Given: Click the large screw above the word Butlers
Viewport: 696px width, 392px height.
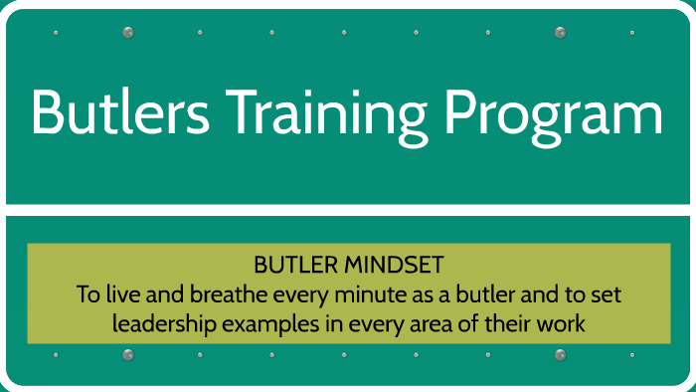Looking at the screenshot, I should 127,33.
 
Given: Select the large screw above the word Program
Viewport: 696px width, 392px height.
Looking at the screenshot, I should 560,33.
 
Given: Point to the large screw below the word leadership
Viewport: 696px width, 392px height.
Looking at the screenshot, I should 127,355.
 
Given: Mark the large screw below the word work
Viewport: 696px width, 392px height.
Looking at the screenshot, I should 560,355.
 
